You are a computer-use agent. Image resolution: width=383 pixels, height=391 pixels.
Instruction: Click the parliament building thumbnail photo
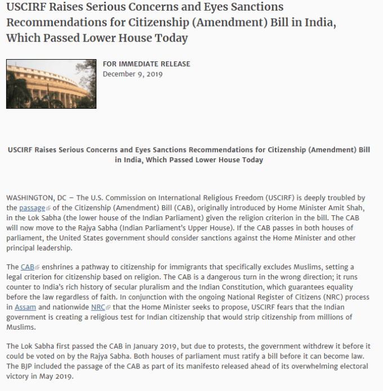43,83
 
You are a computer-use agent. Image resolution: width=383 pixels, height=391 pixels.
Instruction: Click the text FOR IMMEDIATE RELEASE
146,64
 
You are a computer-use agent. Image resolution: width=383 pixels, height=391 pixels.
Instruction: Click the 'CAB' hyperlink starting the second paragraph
28,266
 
